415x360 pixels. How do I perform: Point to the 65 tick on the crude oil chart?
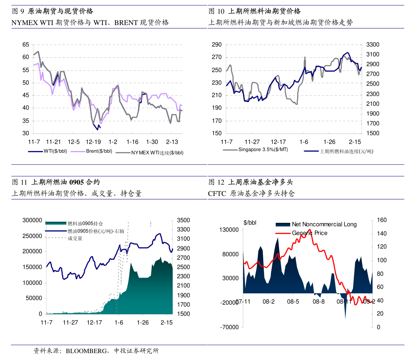[x=26, y=45]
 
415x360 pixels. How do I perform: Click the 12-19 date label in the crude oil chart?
[x=93, y=142]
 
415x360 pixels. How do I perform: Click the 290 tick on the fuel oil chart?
[x=217, y=45]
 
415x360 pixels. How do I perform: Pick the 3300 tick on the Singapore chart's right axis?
[x=373, y=45]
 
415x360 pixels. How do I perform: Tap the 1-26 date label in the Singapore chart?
[x=329, y=142]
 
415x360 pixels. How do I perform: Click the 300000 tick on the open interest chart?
[x=32, y=220]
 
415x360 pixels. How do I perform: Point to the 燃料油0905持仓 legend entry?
[x=87, y=224]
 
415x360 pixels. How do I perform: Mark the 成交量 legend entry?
[x=75, y=238]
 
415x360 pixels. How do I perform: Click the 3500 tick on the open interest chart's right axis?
[x=183, y=220]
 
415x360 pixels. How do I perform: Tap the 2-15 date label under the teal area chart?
[x=167, y=322]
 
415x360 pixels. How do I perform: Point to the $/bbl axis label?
[x=250, y=223]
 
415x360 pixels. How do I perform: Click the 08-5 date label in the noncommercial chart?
[x=293, y=302]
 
